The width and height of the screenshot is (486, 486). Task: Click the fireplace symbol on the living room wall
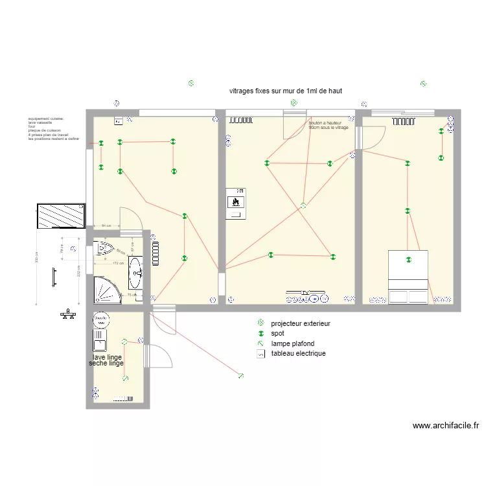click(x=236, y=202)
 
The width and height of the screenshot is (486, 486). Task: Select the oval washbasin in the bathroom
click(x=136, y=273)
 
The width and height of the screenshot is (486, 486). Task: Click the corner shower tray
click(x=106, y=291)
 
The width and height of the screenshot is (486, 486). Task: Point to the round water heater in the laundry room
click(x=100, y=319)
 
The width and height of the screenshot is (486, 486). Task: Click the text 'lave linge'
click(x=107, y=357)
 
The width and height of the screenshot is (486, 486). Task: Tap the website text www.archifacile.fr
click(x=445, y=426)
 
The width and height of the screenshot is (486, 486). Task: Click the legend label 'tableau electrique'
click(x=298, y=354)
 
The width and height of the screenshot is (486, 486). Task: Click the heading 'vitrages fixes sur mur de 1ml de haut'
click(x=285, y=91)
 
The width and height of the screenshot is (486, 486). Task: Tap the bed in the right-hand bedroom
click(x=408, y=277)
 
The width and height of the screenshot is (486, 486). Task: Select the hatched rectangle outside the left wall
click(x=61, y=216)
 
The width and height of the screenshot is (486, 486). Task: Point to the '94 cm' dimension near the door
click(x=106, y=225)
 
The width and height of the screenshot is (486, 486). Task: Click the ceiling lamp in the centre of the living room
click(x=303, y=206)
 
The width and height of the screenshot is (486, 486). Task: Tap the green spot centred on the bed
click(x=408, y=260)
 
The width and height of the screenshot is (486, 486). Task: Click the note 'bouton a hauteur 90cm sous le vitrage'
click(x=329, y=125)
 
